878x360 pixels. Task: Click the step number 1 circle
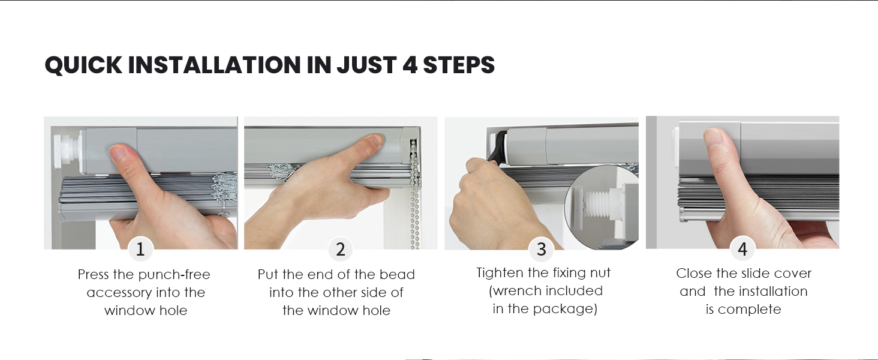[140, 249]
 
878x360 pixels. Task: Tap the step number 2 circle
[340, 249]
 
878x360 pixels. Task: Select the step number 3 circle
[541, 249]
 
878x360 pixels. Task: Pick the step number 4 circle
[742, 248]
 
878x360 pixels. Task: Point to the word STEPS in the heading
[459, 65]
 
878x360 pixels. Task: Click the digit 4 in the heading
[410, 65]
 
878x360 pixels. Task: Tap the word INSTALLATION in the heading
[214, 65]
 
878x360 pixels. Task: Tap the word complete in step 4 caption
[750, 310]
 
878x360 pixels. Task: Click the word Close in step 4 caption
[692, 274]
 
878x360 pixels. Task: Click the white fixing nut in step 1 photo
[65, 151]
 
